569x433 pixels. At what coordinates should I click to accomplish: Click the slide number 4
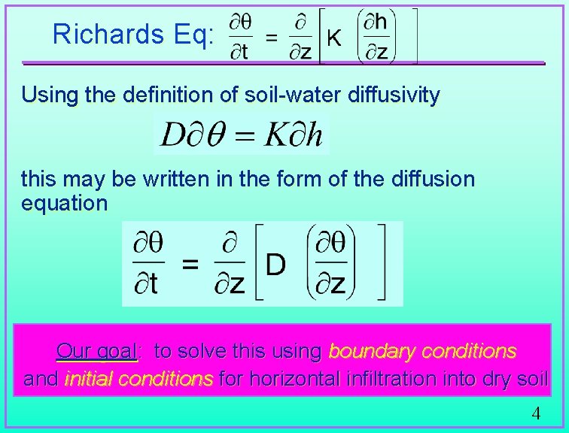535,413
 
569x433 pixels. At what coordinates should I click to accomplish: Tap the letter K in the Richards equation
333,38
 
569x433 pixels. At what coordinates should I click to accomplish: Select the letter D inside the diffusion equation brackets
276,265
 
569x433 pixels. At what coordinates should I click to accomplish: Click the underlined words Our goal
96,351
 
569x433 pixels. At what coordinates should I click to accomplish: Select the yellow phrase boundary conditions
422,351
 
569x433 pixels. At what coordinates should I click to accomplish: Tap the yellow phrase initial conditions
138,379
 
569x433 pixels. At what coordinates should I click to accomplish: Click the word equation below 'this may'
65,203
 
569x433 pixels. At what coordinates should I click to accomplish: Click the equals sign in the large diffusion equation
191,265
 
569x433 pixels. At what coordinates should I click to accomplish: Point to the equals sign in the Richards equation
272,37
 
